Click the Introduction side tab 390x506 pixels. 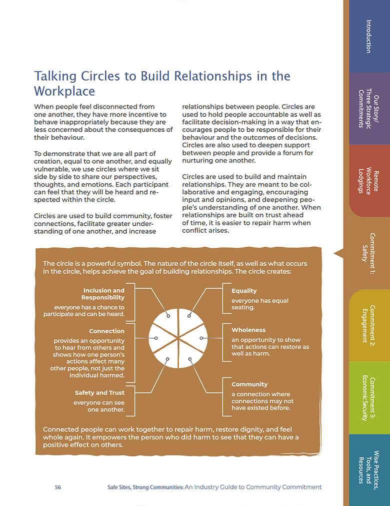368,36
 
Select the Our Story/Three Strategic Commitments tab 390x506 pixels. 368,109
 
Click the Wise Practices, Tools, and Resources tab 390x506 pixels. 368,468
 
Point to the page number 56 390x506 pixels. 58,487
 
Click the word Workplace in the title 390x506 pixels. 64,91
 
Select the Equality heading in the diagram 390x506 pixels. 244,291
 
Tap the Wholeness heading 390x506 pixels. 248,330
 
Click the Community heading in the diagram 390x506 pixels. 249,384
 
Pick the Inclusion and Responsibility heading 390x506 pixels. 104,294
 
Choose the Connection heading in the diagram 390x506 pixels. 106,331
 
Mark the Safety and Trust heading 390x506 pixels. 99,393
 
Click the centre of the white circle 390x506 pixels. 178,339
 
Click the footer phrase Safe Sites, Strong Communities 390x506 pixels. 145,487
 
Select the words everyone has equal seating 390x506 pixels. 259,304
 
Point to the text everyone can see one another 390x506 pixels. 99,406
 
